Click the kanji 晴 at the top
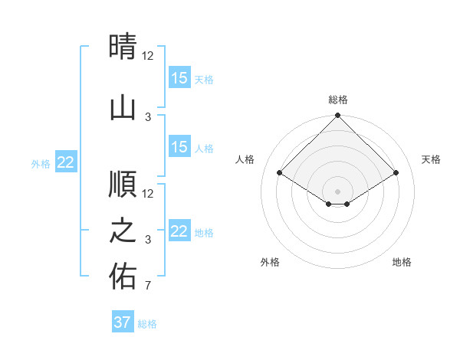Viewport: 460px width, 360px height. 123,47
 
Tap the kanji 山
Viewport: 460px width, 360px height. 123,107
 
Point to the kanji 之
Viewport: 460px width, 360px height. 123,231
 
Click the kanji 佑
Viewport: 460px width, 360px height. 123,277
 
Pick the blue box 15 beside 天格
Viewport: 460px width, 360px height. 179,77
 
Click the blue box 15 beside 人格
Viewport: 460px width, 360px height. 179,147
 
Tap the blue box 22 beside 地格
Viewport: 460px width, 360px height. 179,231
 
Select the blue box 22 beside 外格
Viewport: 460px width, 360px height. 66,162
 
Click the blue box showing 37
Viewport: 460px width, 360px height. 123,322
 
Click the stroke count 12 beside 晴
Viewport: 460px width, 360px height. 148,56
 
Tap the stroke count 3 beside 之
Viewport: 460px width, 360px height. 148,240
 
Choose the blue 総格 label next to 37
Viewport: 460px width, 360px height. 147,324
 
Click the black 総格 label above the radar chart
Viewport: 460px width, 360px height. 337,100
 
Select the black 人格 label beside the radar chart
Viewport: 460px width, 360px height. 245,159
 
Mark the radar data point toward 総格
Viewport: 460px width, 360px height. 337,116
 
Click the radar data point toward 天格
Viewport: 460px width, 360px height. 396,173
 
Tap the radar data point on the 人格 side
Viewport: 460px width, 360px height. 280,173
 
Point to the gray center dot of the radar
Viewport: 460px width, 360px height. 337,191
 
